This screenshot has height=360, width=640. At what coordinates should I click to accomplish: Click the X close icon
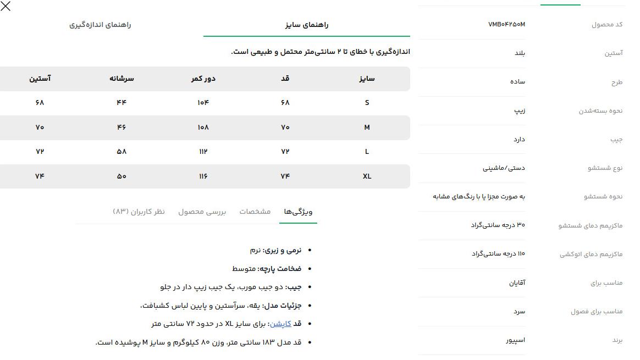[x=5, y=7]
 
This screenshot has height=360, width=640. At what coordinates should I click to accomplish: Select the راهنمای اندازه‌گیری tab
[x=100, y=25]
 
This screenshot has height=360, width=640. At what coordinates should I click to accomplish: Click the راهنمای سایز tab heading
[x=307, y=25]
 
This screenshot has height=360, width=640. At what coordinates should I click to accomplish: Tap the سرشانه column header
[x=122, y=79]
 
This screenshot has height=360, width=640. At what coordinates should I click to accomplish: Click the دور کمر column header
[x=203, y=79]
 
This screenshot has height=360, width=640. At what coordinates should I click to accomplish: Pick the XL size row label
[x=367, y=176]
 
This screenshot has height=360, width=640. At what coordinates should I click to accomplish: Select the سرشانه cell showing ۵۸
[x=122, y=152]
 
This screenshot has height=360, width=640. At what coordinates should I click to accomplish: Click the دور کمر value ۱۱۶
[x=203, y=176]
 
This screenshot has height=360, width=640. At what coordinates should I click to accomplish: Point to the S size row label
[x=367, y=103]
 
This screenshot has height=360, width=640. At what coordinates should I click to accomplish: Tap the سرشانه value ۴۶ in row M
[x=122, y=128]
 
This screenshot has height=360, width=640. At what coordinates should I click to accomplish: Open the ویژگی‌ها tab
[x=298, y=212]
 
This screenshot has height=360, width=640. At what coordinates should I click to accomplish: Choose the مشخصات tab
[x=255, y=212]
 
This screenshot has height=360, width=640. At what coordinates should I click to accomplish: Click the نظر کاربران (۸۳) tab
[x=139, y=212]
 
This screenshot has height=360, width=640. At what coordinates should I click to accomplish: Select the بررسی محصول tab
[x=202, y=212]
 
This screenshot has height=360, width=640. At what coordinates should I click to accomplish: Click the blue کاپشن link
[x=280, y=324]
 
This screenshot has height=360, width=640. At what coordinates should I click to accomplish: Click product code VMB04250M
[x=506, y=24]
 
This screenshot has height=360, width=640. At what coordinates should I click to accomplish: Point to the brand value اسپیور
[x=515, y=340]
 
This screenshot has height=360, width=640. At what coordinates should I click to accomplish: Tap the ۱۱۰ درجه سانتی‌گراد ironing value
[x=498, y=254]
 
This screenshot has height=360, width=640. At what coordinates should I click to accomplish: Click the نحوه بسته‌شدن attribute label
[x=600, y=111]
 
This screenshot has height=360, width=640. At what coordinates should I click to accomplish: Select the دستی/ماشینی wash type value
[x=504, y=168]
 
